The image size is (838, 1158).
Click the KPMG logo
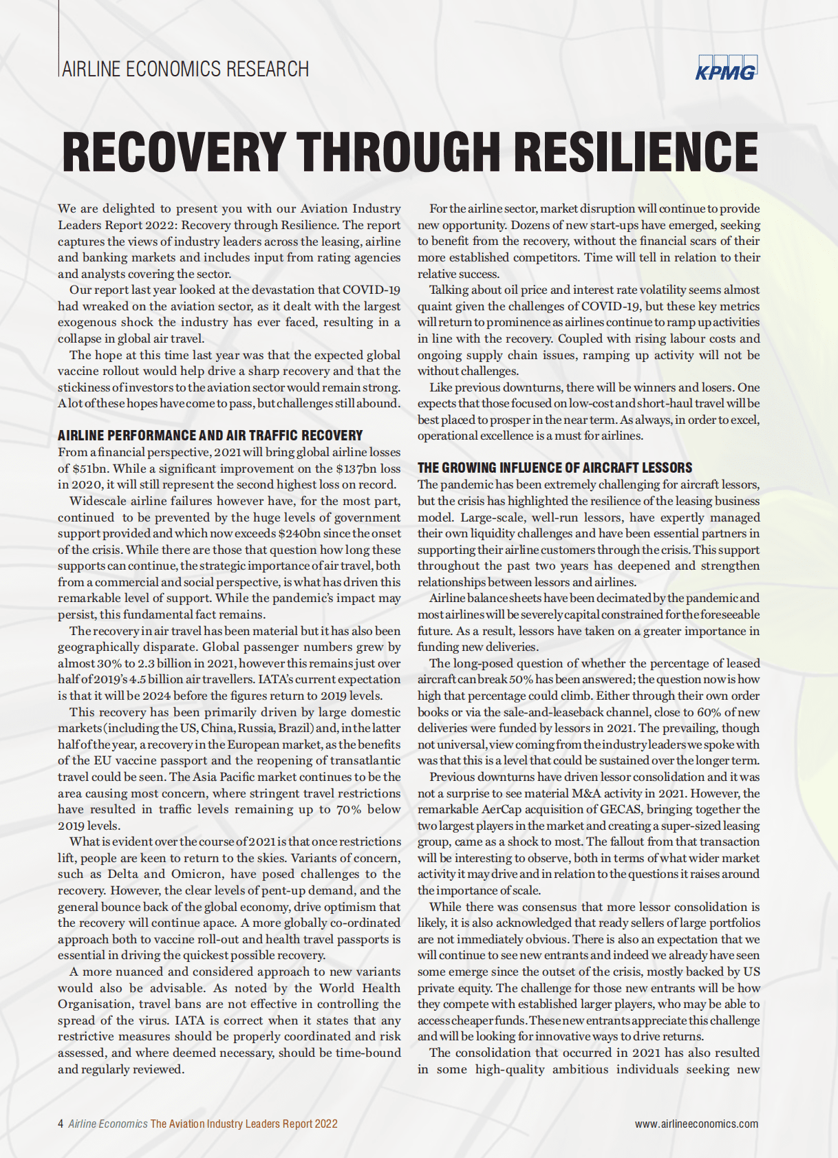(x=726, y=68)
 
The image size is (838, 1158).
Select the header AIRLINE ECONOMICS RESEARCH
(x=185, y=69)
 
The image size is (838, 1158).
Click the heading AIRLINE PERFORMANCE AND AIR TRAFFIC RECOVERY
(x=210, y=436)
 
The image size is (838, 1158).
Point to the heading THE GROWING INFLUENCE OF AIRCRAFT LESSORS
(x=555, y=468)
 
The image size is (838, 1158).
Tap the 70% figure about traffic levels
(x=348, y=809)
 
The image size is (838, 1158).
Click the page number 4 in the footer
(x=61, y=1124)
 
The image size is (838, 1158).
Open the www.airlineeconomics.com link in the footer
(x=696, y=1124)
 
